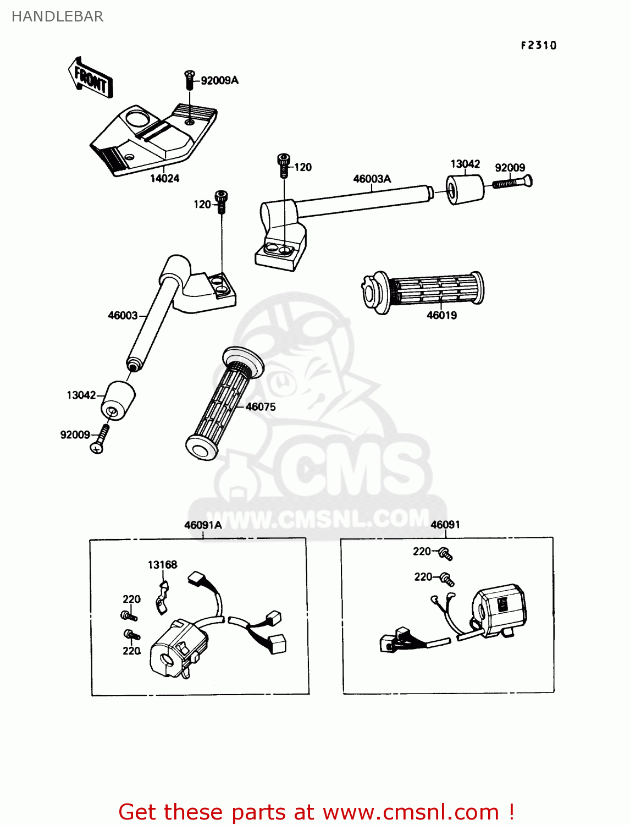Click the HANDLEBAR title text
[x=57, y=16]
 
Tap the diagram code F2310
[x=538, y=46]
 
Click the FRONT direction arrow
[x=91, y=78]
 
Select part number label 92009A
[x=219, y=81]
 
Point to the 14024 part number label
[x=164, y=178]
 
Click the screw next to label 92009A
[x=190, y=80]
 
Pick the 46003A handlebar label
[x=372, y=179]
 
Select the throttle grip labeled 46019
[x=423, y=291]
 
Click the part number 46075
[x=261, y=407]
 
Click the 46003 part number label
[x=123, y=315]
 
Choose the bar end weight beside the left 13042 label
[x=118, y=400]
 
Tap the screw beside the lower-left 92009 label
[x=100, y=439]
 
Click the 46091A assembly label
[x=203, y=525]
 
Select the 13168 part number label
[x=162, y=565]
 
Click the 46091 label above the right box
[x=445, y=525]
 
